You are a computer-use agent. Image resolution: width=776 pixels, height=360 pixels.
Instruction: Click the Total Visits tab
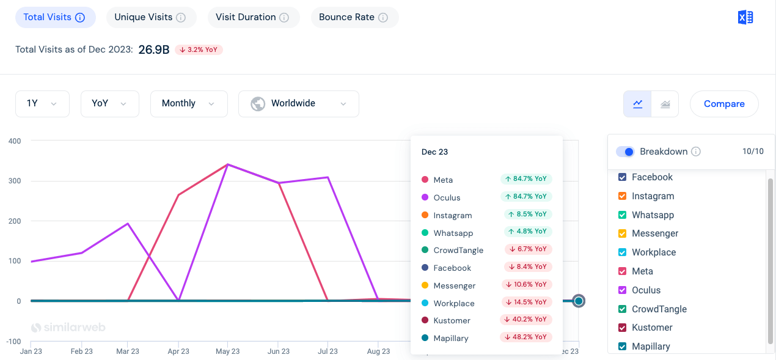pos(55,18)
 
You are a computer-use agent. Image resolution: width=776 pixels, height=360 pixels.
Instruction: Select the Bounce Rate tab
pos(354,18)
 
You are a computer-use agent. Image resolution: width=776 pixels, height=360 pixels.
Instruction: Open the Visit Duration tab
pos(253,18)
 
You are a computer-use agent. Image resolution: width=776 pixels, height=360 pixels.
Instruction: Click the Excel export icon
pos(745,18)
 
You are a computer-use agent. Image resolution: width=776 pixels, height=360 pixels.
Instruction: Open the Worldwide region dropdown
pos(298,104)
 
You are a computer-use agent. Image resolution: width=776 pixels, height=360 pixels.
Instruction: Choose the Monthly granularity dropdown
pos(188,104)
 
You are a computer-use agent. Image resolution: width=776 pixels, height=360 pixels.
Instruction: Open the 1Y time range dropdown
pos(42,104)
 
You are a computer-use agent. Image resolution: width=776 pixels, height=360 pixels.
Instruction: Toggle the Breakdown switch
pos(625,152)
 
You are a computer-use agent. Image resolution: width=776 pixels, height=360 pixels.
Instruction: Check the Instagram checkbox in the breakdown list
pos(623,196)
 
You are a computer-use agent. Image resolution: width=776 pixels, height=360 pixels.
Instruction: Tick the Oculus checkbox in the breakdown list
pos(623,290)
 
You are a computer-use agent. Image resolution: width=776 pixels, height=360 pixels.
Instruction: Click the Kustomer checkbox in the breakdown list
pos(623,328)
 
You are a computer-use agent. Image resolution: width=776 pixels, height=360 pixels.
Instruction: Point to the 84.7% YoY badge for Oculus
pos(525,197)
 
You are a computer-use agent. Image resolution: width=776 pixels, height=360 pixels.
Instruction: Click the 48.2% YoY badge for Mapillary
pos(525,337)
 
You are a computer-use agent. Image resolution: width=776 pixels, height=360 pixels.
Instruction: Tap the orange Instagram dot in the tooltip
pos(425,215)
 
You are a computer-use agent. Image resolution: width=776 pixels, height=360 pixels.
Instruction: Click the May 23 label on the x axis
pos(227,351)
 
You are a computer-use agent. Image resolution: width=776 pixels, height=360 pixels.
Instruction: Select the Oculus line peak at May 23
pos(227,164)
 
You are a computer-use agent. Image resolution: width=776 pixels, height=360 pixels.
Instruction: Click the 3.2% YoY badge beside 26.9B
pos(199,50)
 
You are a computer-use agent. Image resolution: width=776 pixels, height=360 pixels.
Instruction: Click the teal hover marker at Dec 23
pos(579,301)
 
